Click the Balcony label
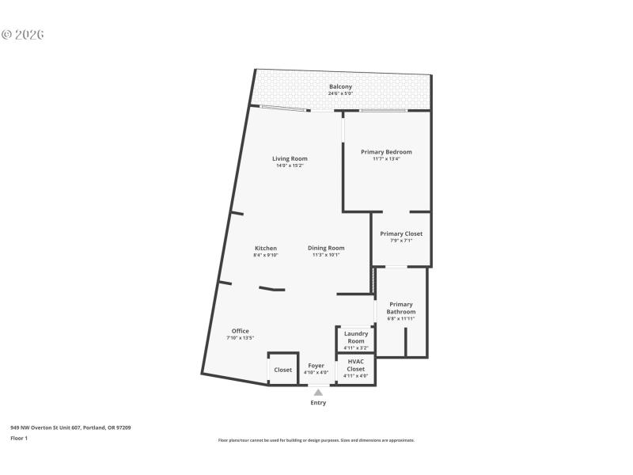340,86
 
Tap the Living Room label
290,158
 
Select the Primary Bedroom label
386,151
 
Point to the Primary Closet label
401,234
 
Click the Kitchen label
265,248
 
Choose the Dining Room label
326,248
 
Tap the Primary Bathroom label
401,308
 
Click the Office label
240,331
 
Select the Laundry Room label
356,337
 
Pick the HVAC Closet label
356,366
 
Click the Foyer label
316,366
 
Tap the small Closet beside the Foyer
282,370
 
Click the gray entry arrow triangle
318,392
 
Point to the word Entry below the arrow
318,403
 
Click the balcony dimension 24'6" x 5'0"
340,93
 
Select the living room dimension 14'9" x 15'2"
290,165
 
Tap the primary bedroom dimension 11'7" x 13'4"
386,158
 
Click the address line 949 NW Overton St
70,427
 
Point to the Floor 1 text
19,438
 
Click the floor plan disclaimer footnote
316,440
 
